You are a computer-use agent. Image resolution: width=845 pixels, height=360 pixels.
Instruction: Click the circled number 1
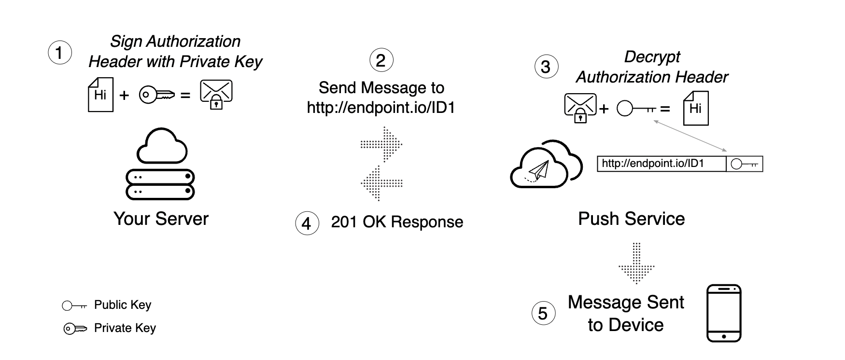(60, 53)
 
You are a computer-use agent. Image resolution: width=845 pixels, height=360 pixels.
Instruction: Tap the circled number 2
(381, 60)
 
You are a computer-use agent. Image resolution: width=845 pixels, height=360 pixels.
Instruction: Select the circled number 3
(546, 67)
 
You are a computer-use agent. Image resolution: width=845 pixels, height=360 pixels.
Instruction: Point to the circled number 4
(307, 223)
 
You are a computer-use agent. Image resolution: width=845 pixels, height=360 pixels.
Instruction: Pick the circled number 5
(543, 313)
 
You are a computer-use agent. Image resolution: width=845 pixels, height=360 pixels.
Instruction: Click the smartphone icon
(723, 313)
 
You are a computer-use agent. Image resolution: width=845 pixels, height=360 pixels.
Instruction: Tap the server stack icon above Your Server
(160, 164)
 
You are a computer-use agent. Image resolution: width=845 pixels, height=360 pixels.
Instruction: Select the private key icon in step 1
(156, 95)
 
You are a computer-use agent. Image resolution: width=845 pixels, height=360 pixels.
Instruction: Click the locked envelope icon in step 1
(216, 95)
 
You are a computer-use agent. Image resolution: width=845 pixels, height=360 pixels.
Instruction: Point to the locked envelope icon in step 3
(580, 108)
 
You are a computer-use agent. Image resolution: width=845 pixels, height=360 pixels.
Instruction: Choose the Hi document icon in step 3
(695, 109)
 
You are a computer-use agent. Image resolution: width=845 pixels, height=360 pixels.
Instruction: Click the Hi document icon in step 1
(100, 95)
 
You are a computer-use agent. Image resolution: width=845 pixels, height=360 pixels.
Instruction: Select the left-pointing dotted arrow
(381, 183)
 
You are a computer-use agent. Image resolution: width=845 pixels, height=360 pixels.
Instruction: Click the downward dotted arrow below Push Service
(636, 263)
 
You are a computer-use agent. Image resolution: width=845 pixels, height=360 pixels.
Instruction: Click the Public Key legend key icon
(74, 305)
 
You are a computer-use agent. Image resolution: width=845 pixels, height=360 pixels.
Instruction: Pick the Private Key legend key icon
(75, 329)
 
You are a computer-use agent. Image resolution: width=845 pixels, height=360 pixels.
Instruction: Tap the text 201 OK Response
(397, 222)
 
